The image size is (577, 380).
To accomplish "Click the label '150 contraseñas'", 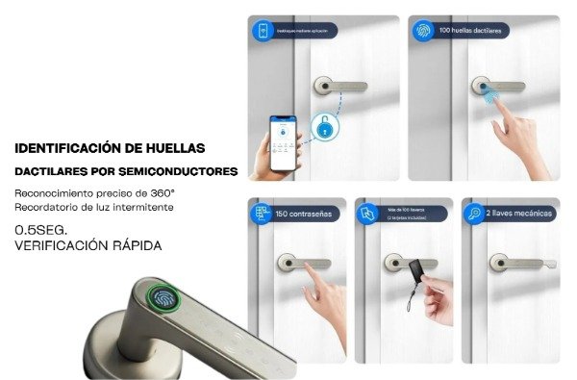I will [x=304, y=214].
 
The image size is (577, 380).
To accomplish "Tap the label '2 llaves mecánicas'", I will [x=515, y=213].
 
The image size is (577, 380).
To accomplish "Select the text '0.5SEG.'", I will [x=40, y=230].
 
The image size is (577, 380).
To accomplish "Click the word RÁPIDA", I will [x=129, y=246].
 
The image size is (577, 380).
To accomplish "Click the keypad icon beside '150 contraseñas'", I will [x=260, y=214].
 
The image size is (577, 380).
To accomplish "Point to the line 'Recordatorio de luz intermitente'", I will [x=93, y=208].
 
